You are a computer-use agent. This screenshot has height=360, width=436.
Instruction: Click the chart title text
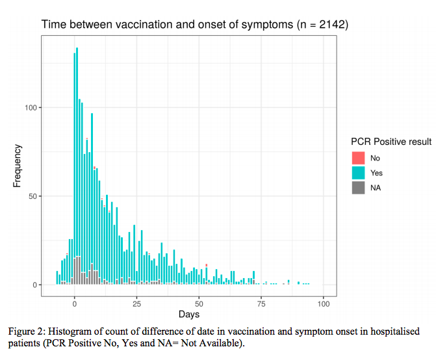195,25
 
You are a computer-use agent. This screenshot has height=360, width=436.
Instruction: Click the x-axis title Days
189,315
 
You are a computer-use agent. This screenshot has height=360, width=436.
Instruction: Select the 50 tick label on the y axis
36,196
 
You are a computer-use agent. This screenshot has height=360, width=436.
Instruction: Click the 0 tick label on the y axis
38,285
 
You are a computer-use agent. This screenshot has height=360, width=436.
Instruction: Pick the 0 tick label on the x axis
75,303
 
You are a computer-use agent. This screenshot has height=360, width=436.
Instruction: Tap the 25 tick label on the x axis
136,303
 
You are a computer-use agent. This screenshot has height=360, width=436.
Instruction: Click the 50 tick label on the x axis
199,303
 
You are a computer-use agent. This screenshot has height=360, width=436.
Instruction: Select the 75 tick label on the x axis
261,303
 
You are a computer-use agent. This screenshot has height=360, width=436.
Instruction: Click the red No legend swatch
358,158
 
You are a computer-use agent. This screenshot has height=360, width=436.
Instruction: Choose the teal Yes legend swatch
358,173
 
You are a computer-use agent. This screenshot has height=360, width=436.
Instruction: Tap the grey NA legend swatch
358,188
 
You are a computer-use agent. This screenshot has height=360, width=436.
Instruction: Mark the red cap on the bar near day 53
207,265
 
